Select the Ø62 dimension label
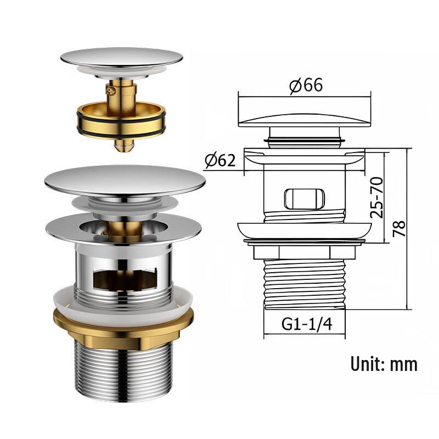click(221, 160)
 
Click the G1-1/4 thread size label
click(307, 324)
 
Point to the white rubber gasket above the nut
click(123, 299)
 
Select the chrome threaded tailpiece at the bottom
click(123, 373)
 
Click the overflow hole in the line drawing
click(305, 199)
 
